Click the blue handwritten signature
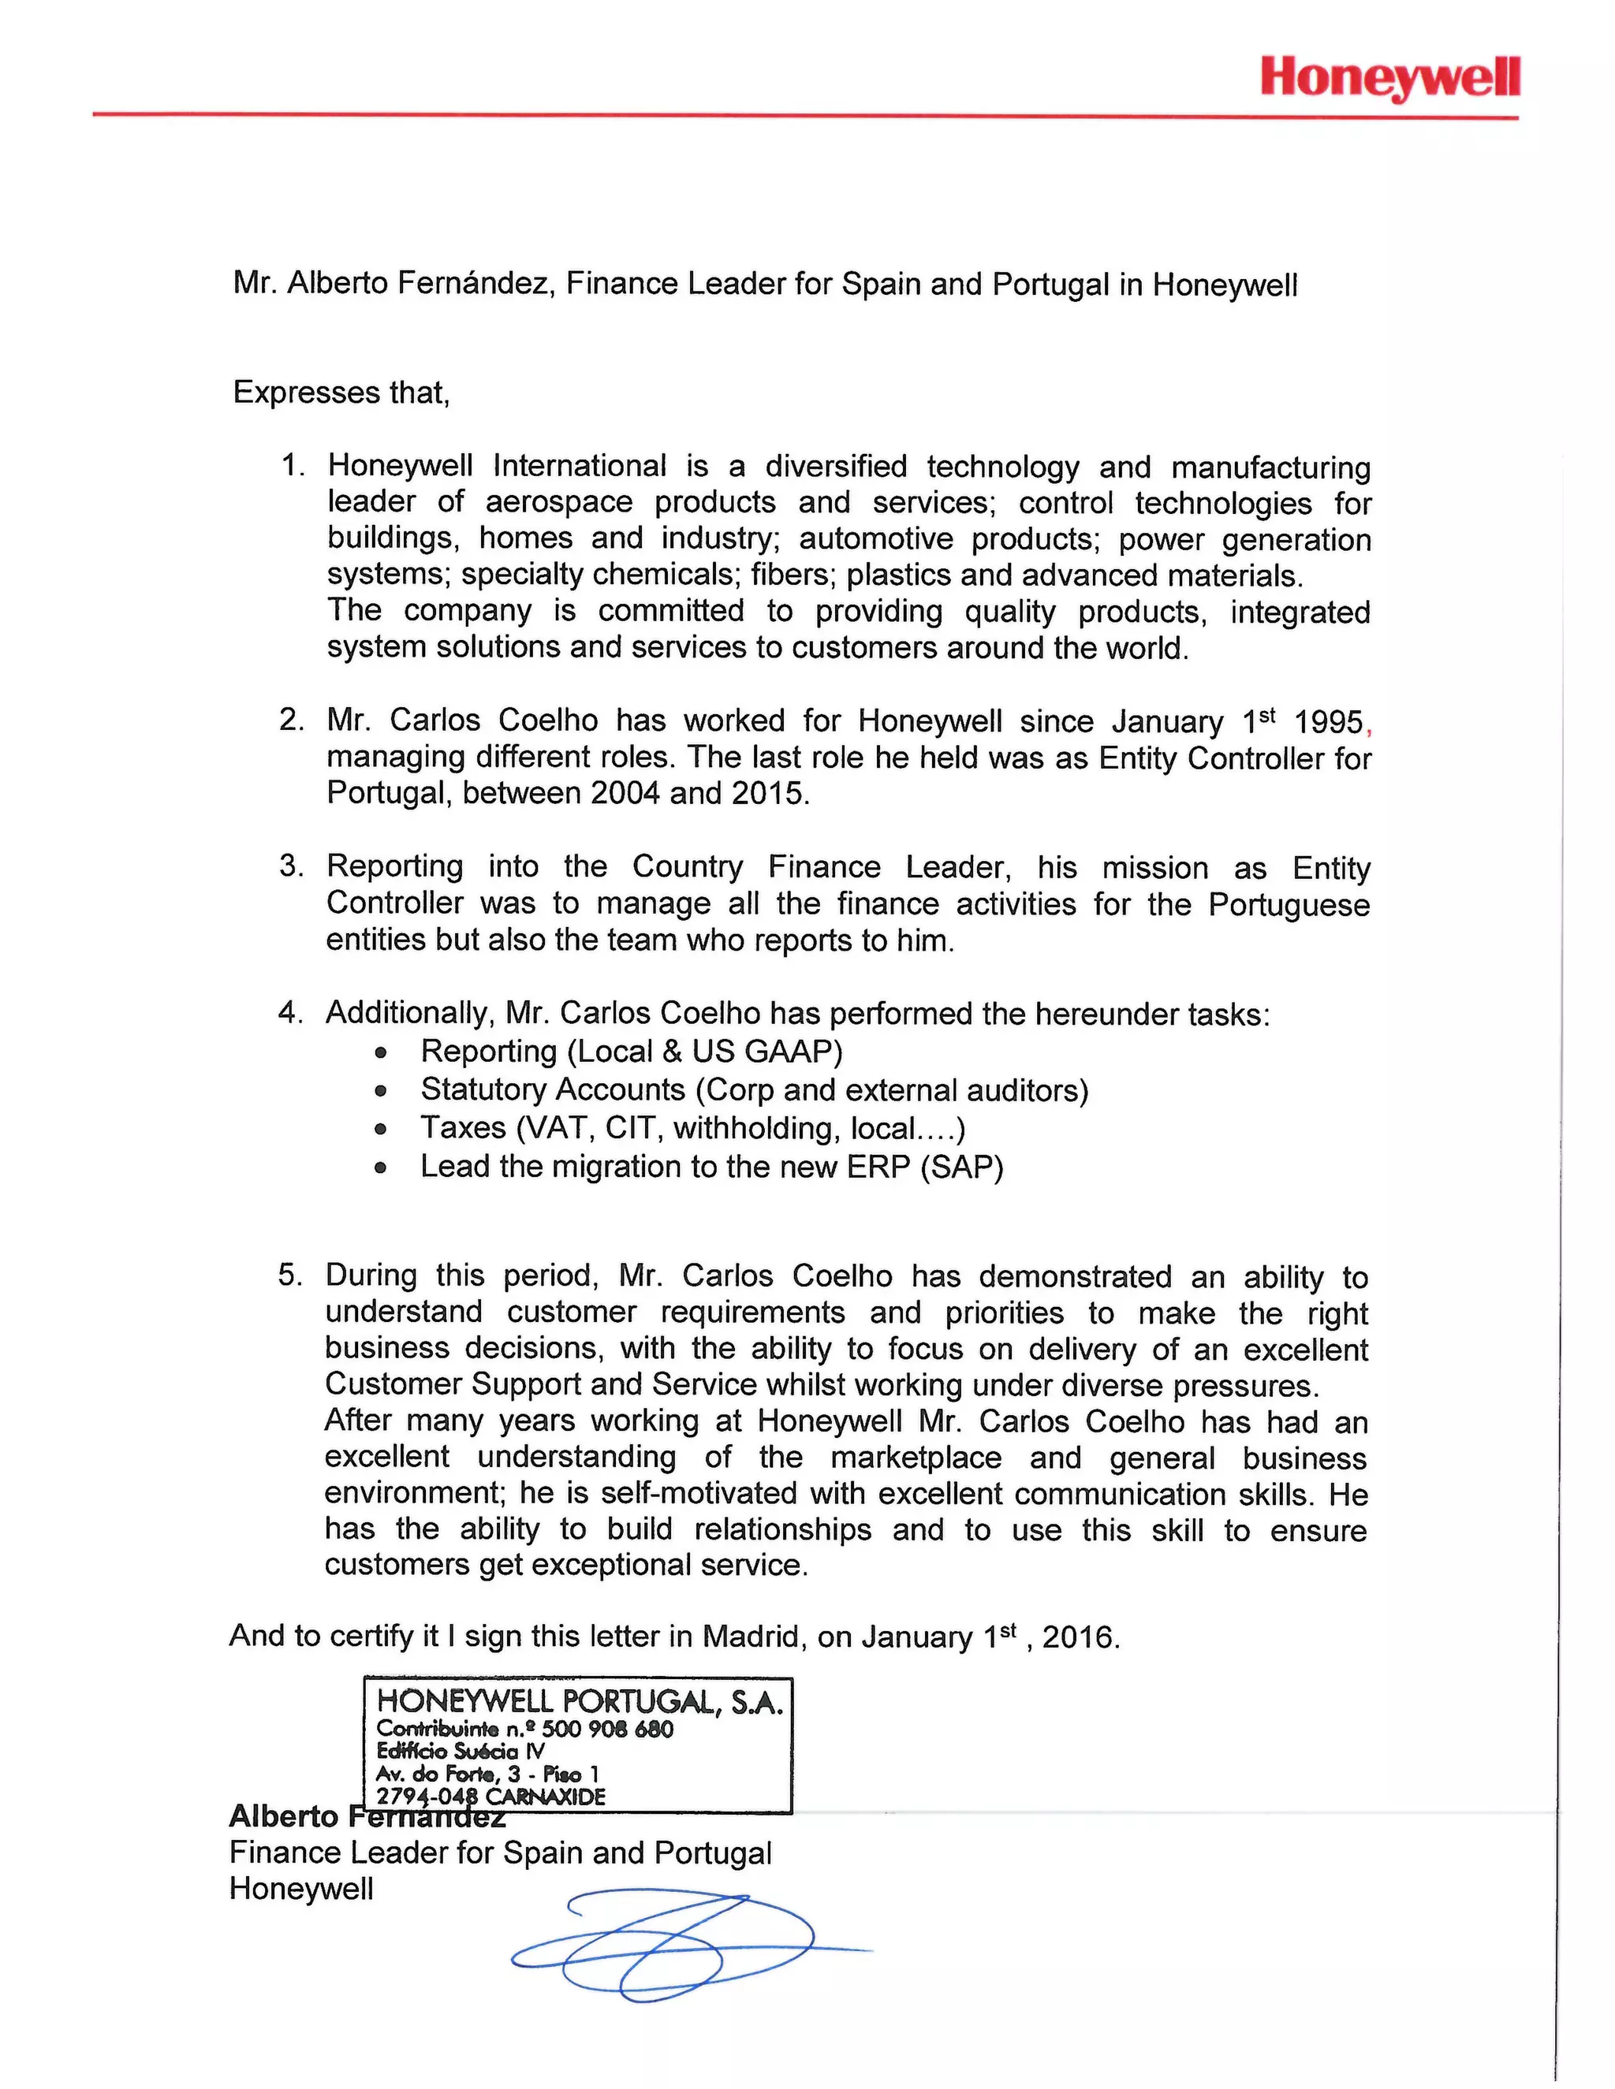(x=669, y=1951)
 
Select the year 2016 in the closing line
(x=1080, y=1637)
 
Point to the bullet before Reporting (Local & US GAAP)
(x=381, y=1053)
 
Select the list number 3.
(x=290, y=866)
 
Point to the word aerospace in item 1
(x=559, y=502)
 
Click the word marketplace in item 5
(x=916, y=1458)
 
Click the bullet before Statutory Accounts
(x=381, y=1091)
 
